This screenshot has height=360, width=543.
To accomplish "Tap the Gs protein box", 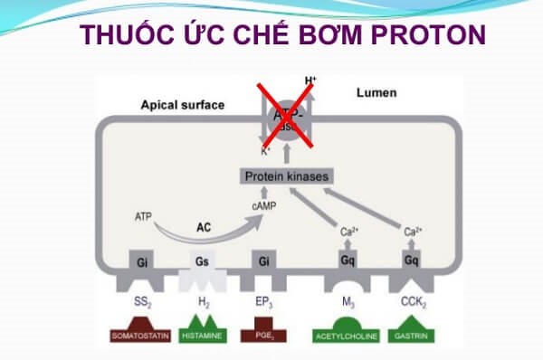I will coord(205,261).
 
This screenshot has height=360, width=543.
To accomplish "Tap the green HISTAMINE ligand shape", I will coord(205,330).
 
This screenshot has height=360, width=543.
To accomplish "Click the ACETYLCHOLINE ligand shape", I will coord(346,331).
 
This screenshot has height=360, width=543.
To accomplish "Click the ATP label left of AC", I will coord(143,217).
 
